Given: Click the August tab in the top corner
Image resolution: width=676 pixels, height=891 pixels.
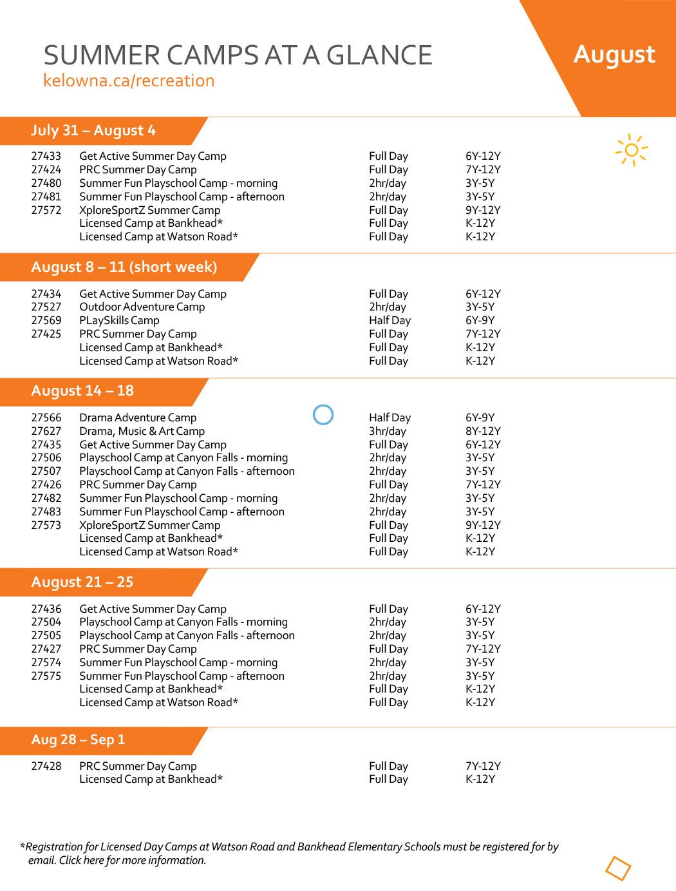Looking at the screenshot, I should (614, 55).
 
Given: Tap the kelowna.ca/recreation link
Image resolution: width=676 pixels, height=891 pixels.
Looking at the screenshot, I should (129, 81).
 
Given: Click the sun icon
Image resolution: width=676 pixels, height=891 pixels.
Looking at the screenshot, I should (631, 150).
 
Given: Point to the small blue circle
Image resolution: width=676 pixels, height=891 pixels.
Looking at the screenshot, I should (323, 415).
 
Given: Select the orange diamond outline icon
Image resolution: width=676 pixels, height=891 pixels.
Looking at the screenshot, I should (618, 868).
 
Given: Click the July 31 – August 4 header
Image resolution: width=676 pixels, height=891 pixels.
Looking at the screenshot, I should (93, 131).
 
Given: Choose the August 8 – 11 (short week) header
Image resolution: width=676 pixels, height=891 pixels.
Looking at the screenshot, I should (124, 267).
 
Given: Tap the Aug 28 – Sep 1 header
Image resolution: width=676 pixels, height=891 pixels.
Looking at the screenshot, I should (78, 740).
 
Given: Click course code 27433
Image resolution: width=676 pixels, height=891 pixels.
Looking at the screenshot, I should (46, 157).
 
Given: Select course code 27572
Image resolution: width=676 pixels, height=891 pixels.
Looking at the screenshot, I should (46, 210).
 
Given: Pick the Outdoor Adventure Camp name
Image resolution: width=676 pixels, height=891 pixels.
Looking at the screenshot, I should (142, 307).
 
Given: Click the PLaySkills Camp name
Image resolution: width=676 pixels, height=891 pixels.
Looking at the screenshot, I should (119, 321).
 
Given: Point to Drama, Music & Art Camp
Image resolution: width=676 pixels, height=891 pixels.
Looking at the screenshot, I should (142, 432).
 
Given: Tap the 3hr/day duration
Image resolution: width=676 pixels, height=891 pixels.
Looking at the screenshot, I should (388, 432).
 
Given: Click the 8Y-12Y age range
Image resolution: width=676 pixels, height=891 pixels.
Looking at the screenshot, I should (483, 432).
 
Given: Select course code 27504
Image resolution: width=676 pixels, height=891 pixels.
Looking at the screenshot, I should (46, 622).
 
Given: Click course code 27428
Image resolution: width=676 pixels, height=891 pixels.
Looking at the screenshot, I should (46, 767).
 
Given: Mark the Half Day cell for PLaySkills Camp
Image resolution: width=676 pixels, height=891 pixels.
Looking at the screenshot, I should (390, 321).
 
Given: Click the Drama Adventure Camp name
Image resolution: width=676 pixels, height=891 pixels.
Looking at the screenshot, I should (138, 418).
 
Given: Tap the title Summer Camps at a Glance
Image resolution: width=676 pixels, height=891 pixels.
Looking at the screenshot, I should (238, 55).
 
